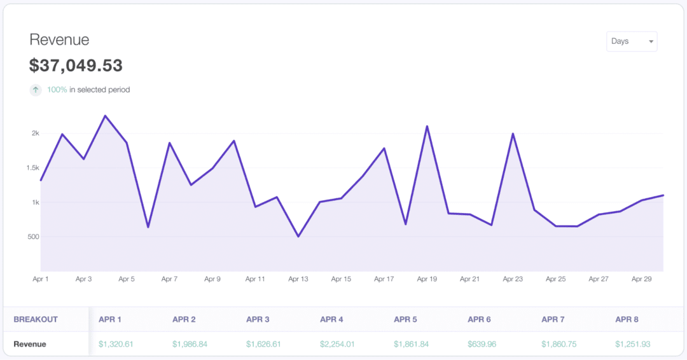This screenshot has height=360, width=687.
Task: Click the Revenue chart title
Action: (59, 40)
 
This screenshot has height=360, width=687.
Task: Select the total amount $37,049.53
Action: (76, 66)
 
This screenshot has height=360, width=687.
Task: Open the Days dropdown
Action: (632, 41)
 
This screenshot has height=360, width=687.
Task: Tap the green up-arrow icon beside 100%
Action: (36, 90)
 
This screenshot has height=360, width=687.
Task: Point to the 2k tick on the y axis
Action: (35, 134)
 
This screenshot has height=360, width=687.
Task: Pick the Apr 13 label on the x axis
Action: (298, 279)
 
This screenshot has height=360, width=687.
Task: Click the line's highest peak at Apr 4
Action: (105, 116)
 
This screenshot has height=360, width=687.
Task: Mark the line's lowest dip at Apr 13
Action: (298, 237)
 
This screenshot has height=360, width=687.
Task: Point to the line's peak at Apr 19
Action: (427, 126)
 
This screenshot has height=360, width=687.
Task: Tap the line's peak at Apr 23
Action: (513, 134)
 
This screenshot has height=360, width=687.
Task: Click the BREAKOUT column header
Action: (36, 319)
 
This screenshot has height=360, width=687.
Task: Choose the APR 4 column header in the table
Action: (332, 319)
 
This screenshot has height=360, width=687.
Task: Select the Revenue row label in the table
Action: (30, 344)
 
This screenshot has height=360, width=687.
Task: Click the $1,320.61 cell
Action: (116, 344)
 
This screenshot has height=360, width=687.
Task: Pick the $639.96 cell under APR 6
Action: (482, 344)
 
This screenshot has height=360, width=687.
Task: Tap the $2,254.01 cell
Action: (337, 344)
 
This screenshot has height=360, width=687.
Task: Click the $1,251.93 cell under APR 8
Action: (632, 344)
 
